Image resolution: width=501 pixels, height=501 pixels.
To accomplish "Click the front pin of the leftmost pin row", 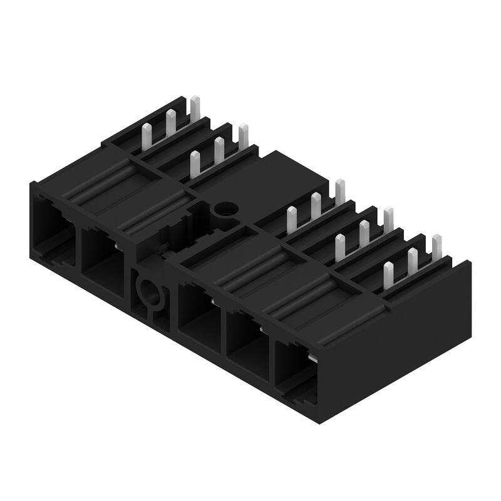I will pyautogui.click(x=148, y=134).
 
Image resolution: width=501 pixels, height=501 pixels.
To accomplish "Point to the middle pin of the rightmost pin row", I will pyautogui.click(x=412, y=261).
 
